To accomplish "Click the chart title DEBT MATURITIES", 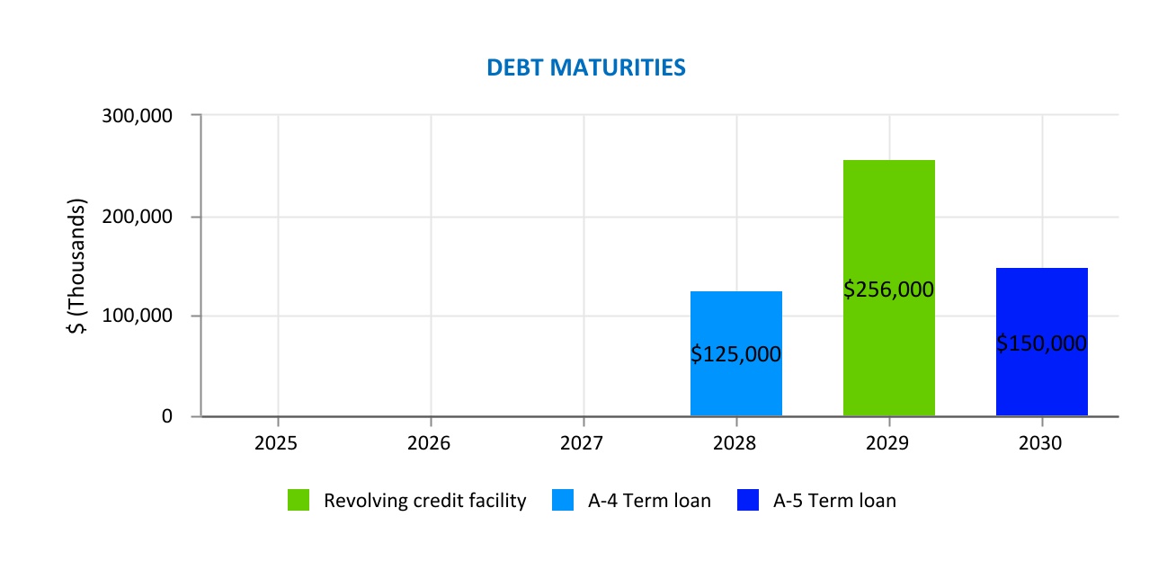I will click(x=586, y=67).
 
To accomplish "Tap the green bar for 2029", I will click(x=889, y=225).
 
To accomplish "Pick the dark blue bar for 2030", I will click(x=1042, y=306).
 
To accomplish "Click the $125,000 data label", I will click(x=736, y=354).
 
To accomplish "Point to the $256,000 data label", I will click(x=889, y=289).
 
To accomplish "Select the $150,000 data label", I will click(x=1042, y=343).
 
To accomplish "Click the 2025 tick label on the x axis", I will click(x=278, y=444).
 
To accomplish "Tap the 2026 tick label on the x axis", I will click(x=431, y=444).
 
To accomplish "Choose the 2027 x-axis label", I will click(x=584, y=444).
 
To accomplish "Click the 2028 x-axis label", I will click(x=736, y=444).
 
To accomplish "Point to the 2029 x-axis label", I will click(x=889, y=444).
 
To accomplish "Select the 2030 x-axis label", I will click(x=1042, y=444).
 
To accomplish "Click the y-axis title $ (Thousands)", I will click(x=78, y=266).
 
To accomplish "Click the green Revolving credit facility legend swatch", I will click(x=298, y=501).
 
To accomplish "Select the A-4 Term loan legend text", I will click(x=649, y=501).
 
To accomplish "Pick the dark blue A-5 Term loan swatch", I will click(x=747, y=501).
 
